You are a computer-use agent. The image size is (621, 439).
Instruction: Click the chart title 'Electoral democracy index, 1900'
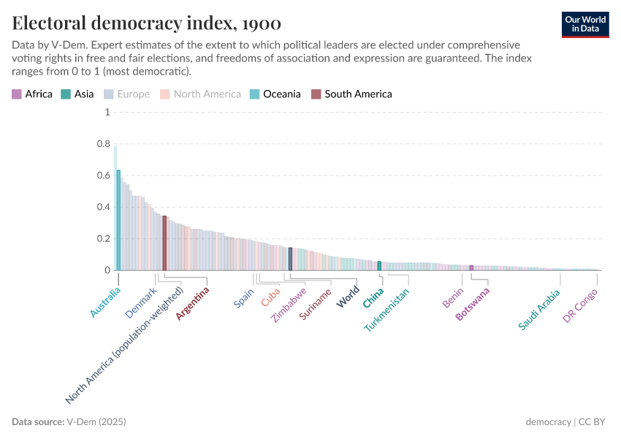point(147,22)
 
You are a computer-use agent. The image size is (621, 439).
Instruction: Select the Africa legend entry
point(32,94)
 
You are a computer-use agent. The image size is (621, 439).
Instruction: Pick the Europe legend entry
point(128,94)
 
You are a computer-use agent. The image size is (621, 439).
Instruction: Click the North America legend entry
point(201,94)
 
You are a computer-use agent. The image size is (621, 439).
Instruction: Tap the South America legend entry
point(351,94)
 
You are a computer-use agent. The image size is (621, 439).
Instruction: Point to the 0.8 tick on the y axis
point(102,144)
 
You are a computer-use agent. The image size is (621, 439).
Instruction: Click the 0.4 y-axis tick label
point(102,207)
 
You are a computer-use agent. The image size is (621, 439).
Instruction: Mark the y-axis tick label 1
point(107,113)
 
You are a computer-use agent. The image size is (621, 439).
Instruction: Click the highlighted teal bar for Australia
point(118,220)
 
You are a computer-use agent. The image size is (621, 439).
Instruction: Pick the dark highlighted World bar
point(290,259)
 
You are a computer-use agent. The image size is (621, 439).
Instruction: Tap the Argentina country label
point(193,303)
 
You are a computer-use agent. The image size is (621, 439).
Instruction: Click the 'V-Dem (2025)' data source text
point(96,422)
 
